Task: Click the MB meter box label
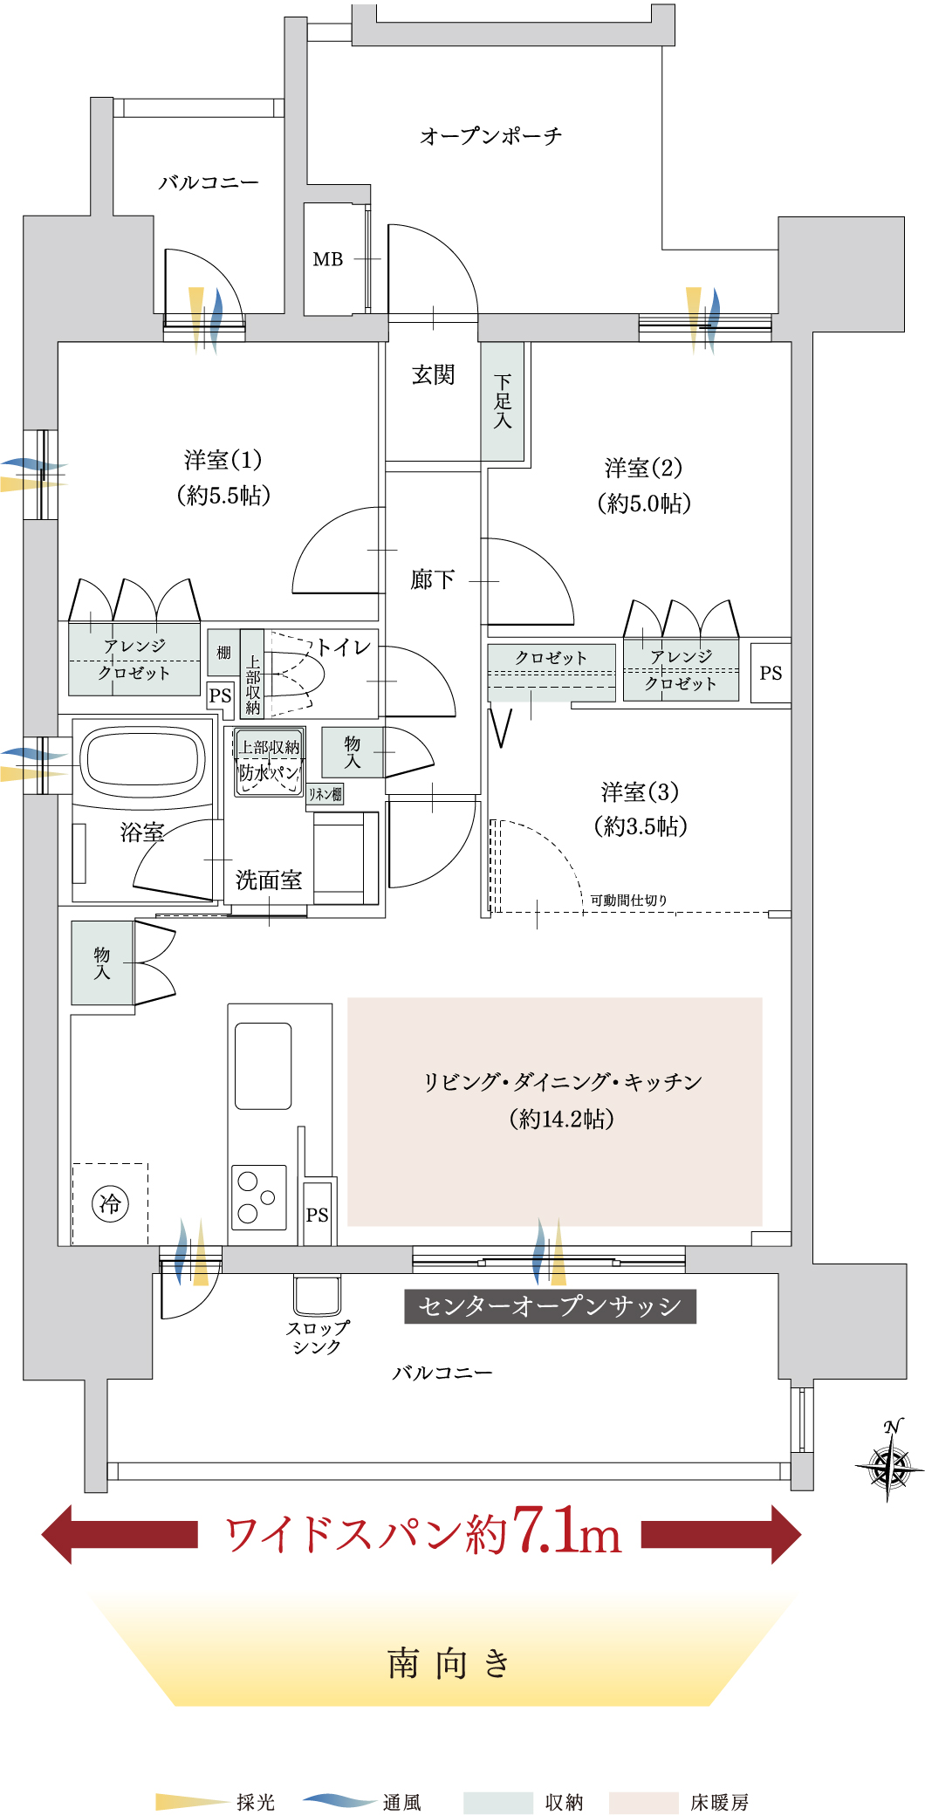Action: [328, 259]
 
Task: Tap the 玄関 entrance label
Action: [433, 375]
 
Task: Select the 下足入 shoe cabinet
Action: [503, 401]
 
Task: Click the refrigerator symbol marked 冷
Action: [110, 1204]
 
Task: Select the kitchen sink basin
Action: [263, 1065]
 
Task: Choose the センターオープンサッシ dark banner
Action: [551, 1306]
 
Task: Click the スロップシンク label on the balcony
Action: [318, 1337]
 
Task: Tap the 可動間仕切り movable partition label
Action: [628, 900]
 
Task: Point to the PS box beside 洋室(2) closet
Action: [771, 673]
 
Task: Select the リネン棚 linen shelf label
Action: [325, 794]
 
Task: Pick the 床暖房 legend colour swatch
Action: [643, 1803]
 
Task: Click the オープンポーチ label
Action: [490, 136]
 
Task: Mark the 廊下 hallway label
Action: [433, 579]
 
